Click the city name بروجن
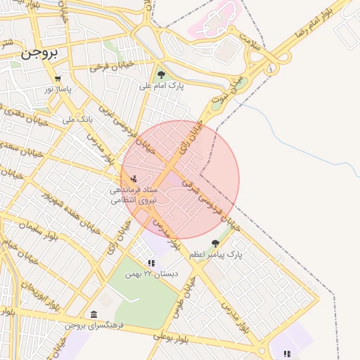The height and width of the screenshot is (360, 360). tap(39, 53)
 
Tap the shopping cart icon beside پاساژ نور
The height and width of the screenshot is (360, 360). tap(58, 79)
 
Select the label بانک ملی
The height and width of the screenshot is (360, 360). tap(77, 120)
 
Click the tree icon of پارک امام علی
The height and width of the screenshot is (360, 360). tap(162, 75)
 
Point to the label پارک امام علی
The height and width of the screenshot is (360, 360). tap(161, 86)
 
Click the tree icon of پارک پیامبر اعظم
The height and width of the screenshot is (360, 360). tap(215, 243)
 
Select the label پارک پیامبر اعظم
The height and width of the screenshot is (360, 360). tap(216, 254)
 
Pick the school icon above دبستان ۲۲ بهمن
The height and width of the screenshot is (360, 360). tap(151, 263)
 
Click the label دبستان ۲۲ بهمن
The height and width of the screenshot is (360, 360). tap(153, 274)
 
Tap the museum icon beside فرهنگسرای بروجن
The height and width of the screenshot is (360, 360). tap(94, 314)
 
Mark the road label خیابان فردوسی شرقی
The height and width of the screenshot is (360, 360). tap(211, 204)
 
